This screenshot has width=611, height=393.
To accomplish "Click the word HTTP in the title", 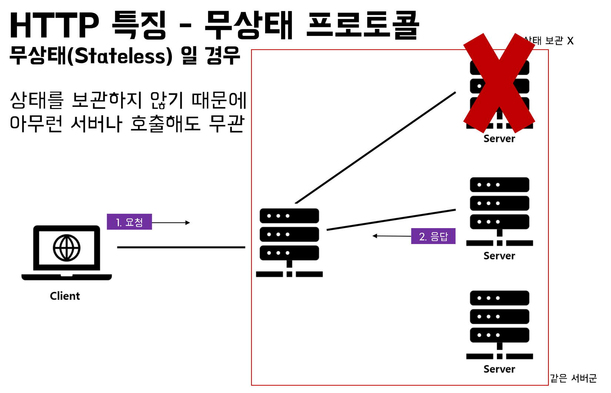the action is tap(54, 26).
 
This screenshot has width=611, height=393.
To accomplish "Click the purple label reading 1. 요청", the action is tap(129, 222).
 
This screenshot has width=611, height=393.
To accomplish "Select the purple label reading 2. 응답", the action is tap(433, 237).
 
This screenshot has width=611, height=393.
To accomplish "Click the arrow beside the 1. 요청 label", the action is tap(171, 223).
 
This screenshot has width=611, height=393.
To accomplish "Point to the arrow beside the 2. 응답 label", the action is tap(392, 236).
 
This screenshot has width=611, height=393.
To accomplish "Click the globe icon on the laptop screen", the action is tap(67, 247).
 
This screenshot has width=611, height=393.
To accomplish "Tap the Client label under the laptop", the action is tap(65, 296).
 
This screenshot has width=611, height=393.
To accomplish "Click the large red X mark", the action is tap(499, 83).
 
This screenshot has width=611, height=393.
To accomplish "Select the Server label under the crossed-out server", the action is tap(499, 139).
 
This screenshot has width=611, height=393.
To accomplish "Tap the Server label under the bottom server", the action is tap(499, 369).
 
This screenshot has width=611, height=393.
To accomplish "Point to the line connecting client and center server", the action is tap(181, 247).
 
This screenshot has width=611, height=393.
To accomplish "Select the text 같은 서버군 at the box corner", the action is tap(573, 378).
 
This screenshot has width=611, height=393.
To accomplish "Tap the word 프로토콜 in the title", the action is tap(363, 26).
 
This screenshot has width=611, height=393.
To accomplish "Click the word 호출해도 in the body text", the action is tap(165, 124).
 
